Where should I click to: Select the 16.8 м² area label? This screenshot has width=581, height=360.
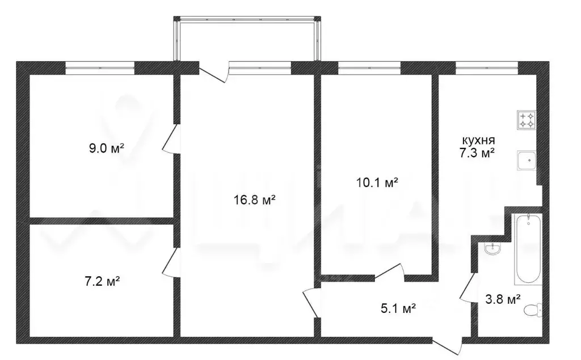[254, 200]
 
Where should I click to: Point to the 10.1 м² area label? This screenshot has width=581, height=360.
[376, 183]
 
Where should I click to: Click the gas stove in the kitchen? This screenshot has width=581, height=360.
[525, 120]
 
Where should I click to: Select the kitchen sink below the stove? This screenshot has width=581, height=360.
[526, 160]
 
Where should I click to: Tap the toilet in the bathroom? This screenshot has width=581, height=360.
[531, 311]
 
